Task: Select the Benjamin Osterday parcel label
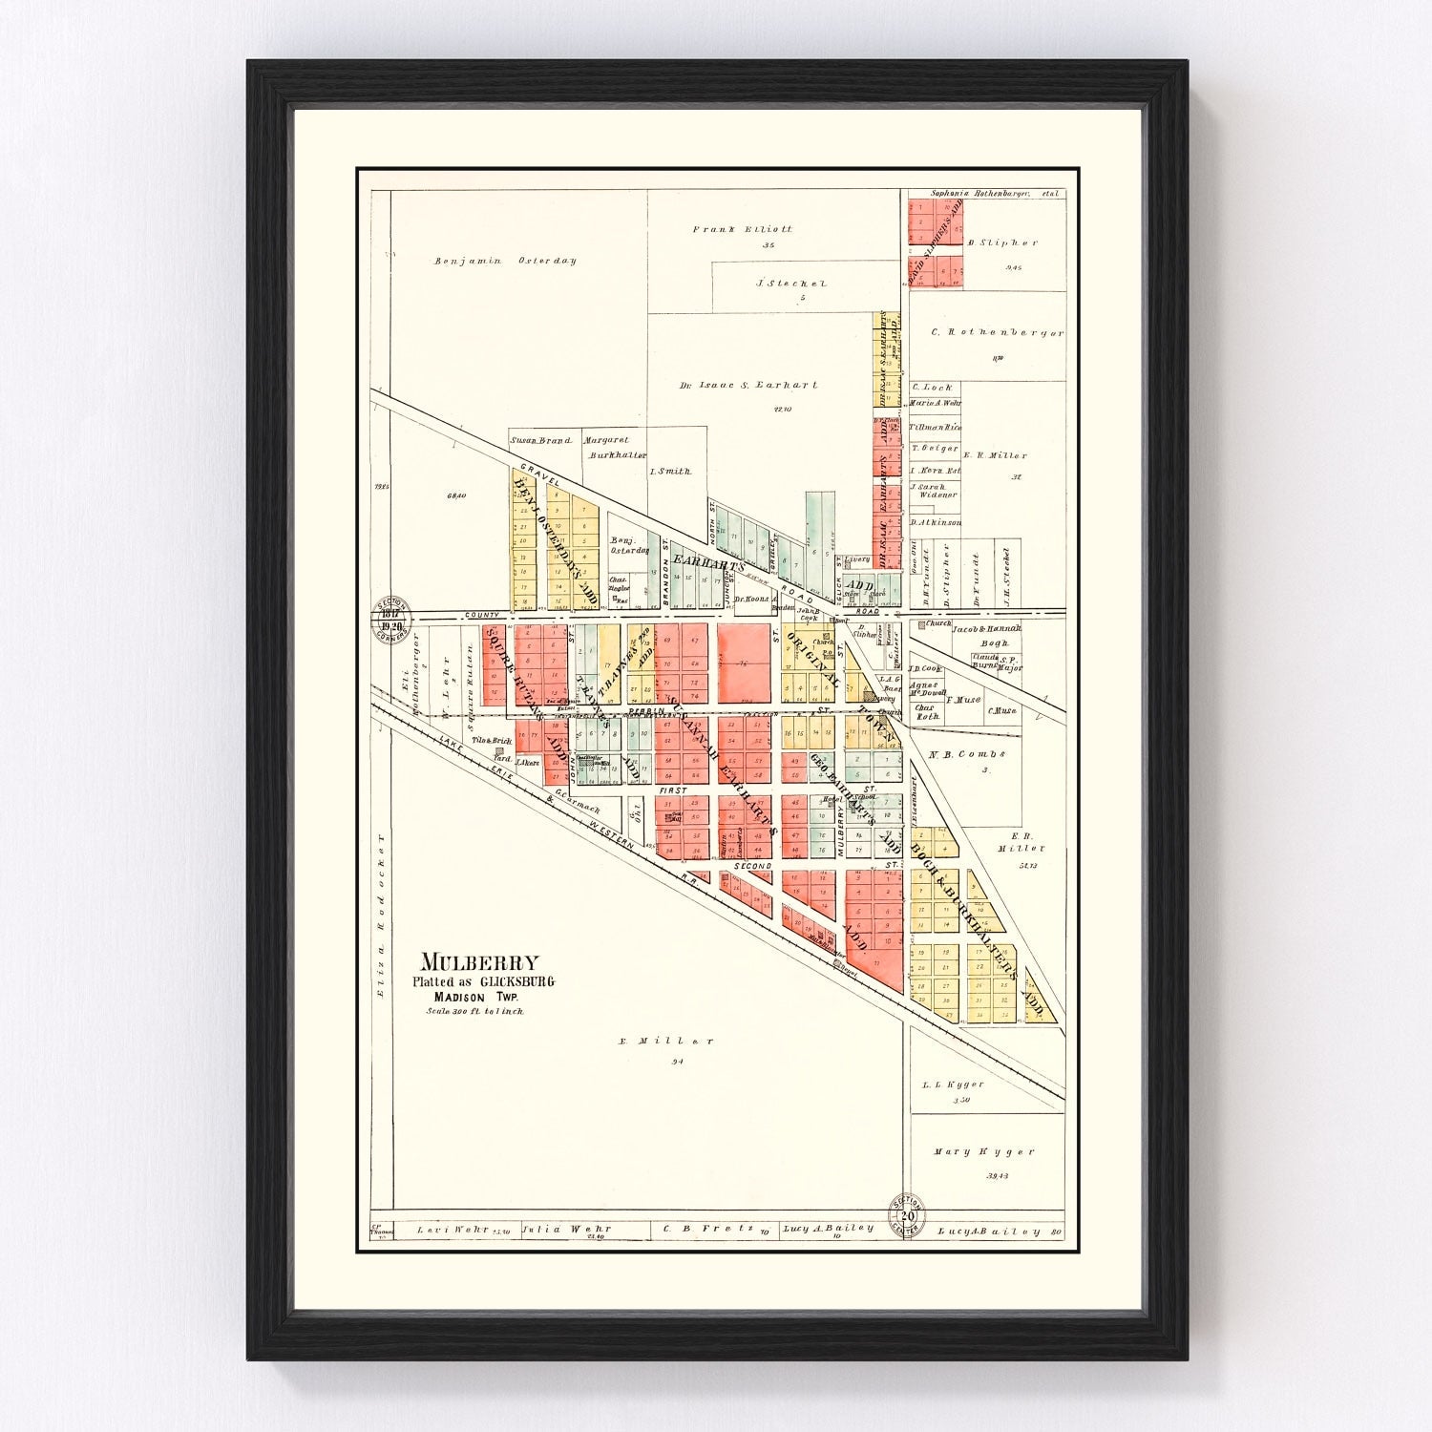click(505, 261)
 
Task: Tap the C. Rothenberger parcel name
click(983, 333)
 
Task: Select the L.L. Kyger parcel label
click(952, 1085)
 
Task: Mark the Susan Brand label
click(540, 441)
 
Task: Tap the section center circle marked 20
click(907, 1215)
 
